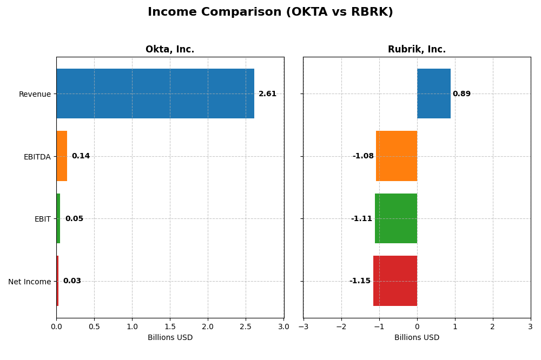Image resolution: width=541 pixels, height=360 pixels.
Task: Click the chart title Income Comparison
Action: pos(270,12)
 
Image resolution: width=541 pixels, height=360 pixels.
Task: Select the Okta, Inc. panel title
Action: pos(170,50)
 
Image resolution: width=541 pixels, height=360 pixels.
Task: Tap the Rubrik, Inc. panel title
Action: pos(417,50)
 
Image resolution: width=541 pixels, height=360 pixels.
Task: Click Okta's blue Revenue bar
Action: pos(155,94)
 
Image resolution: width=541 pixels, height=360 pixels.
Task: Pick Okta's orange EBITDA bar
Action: pos(62,156)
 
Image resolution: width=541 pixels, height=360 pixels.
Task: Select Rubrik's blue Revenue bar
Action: pos(433,94)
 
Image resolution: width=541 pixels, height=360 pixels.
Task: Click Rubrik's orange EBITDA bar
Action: pos(397,156)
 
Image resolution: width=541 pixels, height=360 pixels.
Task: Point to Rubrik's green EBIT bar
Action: pos(396,218)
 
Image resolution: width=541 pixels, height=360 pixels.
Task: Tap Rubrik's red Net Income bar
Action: pos(395,281)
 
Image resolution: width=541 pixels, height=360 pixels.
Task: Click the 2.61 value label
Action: pos(267,94)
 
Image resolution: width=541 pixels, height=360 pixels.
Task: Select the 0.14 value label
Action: pos(81,156)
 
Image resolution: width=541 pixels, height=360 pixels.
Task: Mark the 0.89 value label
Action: pos(461,94)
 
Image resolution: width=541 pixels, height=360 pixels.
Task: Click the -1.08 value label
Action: pos(363,156)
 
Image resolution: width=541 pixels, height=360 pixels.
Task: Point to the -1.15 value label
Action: pos(360,281)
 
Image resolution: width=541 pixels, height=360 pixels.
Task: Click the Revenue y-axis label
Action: pos(35,95)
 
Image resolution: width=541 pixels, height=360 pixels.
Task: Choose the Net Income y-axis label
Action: pos(29,282)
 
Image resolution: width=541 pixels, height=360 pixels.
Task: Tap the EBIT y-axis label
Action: pos(42,219)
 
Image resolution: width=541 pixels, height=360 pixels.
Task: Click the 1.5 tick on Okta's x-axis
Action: pos(170,326)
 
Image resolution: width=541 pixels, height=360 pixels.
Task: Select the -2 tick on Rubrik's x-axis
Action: pos(341,326)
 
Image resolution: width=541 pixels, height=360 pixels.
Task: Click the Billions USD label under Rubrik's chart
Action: pos(417,338)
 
